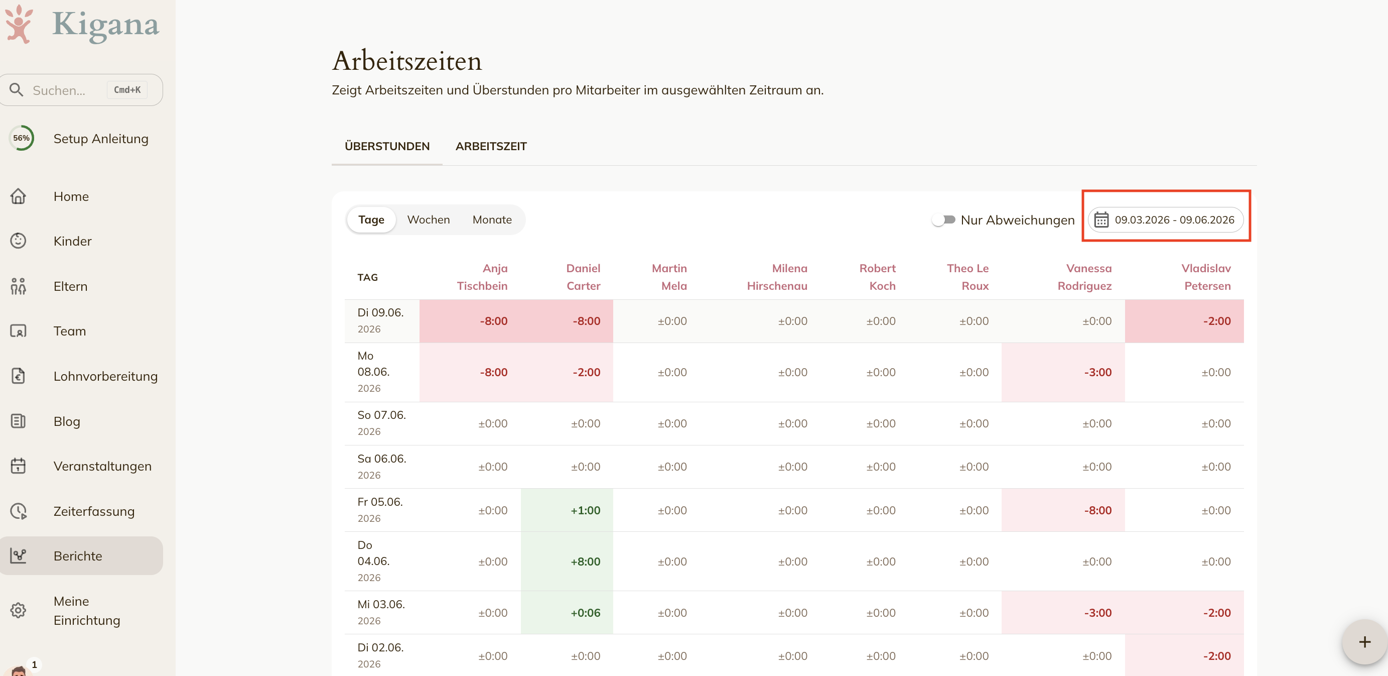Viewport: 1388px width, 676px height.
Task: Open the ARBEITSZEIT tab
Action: [x=491, y=146]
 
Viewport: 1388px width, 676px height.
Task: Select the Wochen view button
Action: [x=429, y=219]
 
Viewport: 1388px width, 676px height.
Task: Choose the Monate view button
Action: [x=492, y=219]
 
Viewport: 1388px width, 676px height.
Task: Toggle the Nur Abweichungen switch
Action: [x=943, y=220]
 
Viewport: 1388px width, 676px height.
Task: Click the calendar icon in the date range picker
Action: [x=1101, y=220]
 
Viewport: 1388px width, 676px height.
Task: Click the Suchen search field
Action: [x=81, y=90]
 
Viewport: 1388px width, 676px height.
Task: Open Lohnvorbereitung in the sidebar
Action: [x=105, y=376]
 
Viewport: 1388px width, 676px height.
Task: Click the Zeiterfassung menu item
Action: [x=94, y=511]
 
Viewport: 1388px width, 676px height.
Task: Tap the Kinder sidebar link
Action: [x=73, y=241]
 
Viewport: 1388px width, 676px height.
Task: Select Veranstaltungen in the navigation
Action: [x=102, y=466]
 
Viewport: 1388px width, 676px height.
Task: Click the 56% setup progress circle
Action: [x=22, y=138]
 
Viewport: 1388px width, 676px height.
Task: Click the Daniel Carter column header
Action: [x=583, y=277]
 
